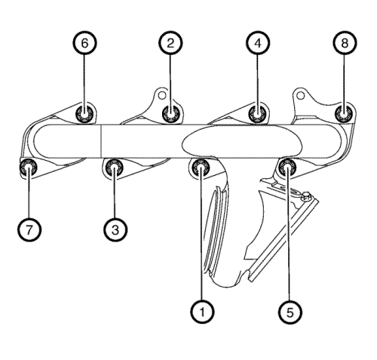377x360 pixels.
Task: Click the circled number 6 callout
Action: [x=85, y=43]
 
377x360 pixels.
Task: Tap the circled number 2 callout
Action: [x=170, y=43]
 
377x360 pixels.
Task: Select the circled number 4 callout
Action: [x=258, y=43]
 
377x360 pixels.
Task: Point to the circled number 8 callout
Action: [x=345, y=43]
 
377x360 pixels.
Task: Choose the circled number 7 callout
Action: [x=29, y=229]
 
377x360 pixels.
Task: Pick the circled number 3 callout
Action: [x=115, y=229]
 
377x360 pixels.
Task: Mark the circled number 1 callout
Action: [x=202, y=312]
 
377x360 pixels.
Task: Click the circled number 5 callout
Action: [x=290, y=312]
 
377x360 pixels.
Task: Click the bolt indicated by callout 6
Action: [x=85, y=114]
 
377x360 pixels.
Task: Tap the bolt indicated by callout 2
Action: [x=170, y=114]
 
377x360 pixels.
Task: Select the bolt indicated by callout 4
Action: [x=258, y=114]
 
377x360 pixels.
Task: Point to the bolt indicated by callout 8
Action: [x=345, y=114]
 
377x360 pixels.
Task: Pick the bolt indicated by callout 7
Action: [x=29, y=168]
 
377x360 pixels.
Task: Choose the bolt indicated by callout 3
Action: [x=115, y=168]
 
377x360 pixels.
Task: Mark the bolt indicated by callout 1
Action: [x=201, y=168]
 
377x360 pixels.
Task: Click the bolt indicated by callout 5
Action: [x=288, y=168]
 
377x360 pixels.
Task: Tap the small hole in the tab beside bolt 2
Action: [x=162, y=95]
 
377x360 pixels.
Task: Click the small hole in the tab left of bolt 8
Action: [x=301, y=96]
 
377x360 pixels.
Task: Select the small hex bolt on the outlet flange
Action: [x=306, y=196]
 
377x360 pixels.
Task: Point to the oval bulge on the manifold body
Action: [x=242, y=140]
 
